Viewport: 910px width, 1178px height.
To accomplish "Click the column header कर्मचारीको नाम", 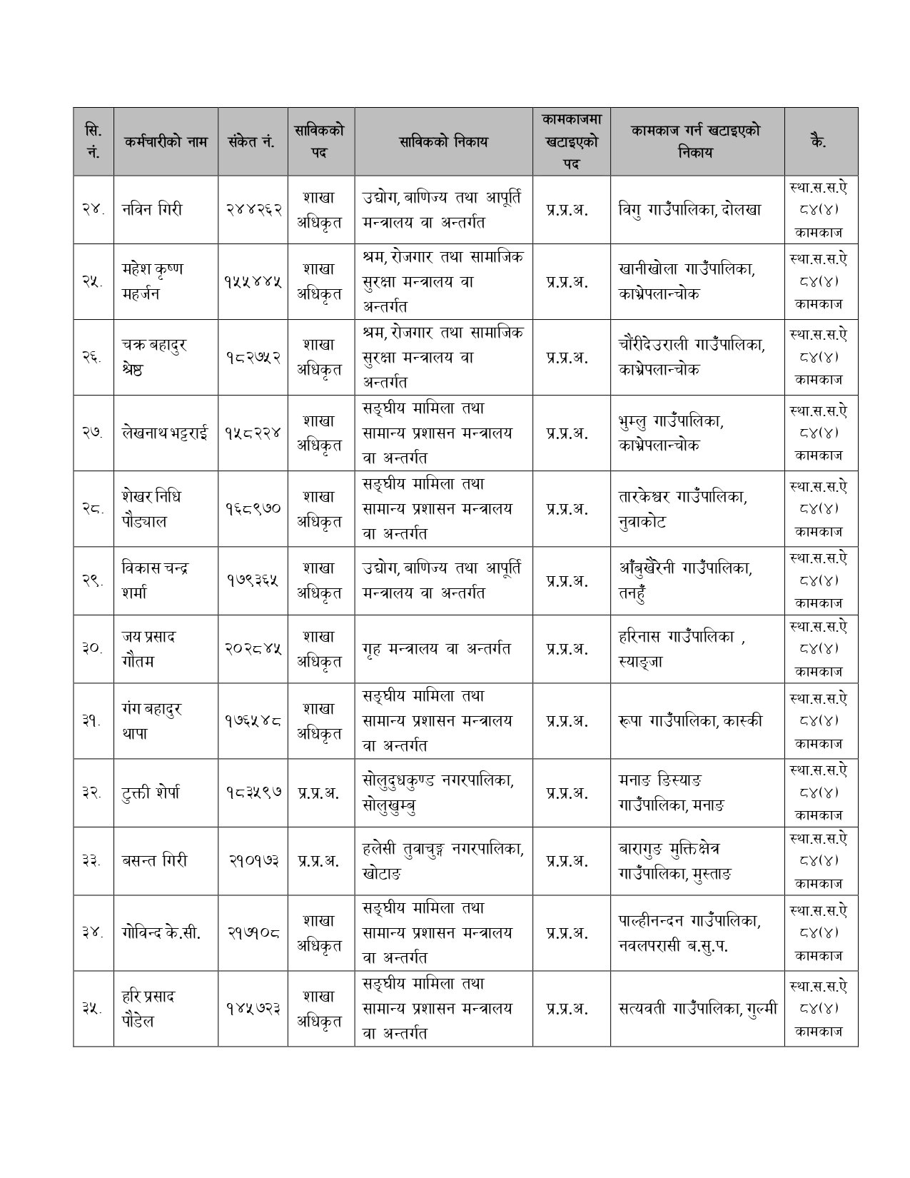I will coord(165,141).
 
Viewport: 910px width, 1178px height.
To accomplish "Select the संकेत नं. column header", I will coord(253,141).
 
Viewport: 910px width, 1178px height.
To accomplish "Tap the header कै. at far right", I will coord(820,141).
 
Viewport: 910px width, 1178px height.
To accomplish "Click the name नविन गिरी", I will coord(152,210).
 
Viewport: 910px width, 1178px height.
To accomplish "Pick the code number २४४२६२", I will coord(253,210).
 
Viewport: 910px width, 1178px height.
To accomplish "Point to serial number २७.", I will coord(93,433).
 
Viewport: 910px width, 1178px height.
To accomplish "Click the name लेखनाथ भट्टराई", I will coord(166,433).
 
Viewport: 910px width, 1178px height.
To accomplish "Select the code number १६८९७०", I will coord(253,509).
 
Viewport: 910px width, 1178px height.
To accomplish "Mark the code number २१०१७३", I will coord(253,861).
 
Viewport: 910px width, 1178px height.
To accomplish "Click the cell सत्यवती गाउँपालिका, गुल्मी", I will coord(697,1009).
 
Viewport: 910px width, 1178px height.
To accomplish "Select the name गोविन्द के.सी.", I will coord(161,932).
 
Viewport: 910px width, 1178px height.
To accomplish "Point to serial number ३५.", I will coord(93,1009).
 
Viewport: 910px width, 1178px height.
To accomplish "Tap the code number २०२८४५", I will coord(253,649).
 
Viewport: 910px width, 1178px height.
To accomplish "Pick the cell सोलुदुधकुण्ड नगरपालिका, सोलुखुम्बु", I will coord(438,792).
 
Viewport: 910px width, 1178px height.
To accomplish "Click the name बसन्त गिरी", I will coord(154,861).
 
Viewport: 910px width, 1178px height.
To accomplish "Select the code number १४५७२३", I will coord(253,1009).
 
